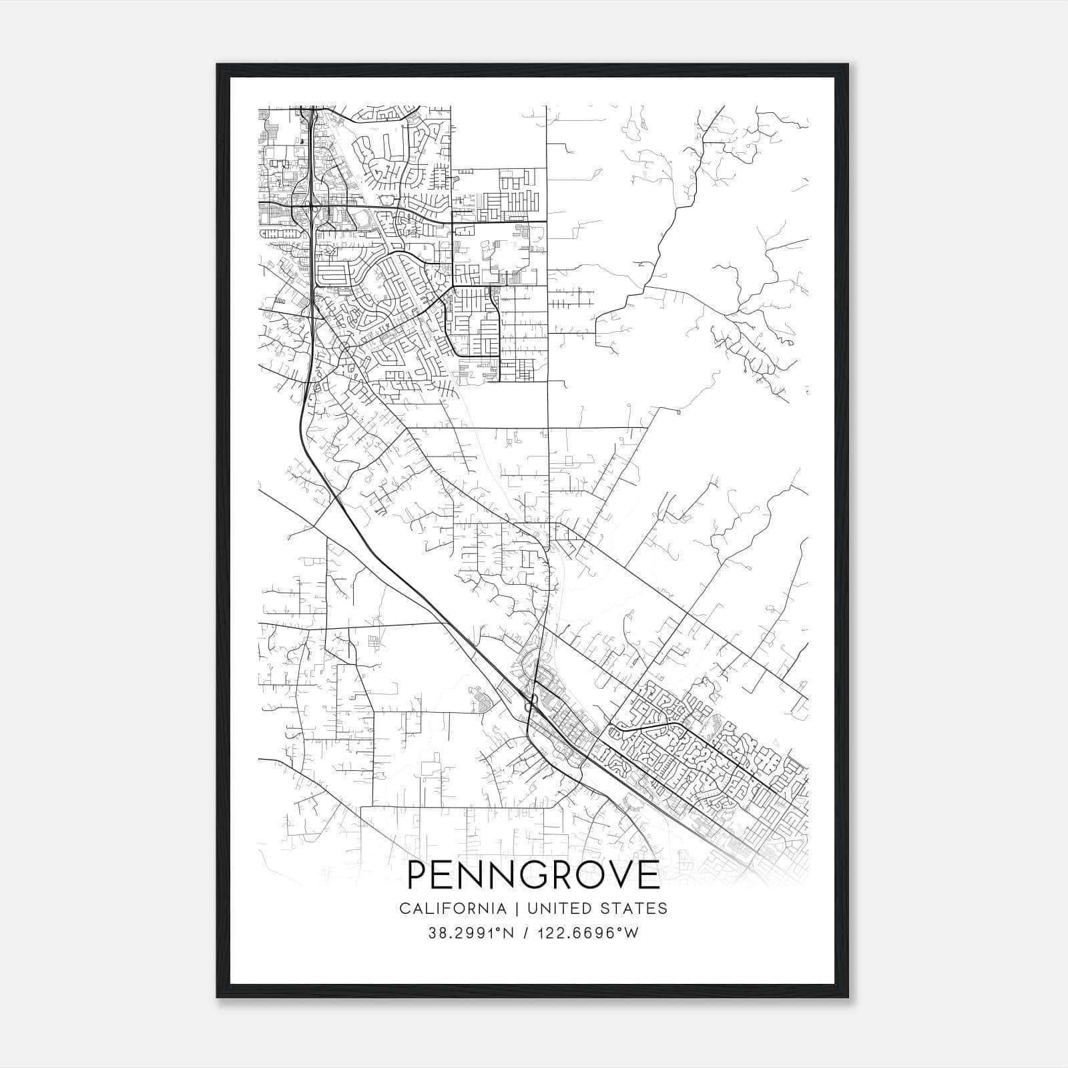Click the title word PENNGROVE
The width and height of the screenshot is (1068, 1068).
click(533, 875)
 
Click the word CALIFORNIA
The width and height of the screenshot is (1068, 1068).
click(452, 908)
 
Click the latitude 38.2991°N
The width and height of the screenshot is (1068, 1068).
click(471, 933)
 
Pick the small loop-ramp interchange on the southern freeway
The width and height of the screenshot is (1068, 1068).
click(532, 704)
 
